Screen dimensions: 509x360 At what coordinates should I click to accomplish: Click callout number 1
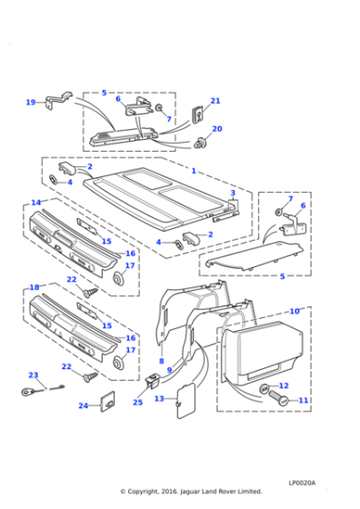tap(193, 171)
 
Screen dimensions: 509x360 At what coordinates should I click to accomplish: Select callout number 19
tap(30, 102)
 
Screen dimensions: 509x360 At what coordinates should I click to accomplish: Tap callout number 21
tap(215, 101)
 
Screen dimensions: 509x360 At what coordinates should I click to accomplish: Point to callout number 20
tap(216, 129)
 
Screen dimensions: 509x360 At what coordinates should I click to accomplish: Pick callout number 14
tap(35, 203)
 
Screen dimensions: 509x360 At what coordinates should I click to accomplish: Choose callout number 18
tap(35, 287)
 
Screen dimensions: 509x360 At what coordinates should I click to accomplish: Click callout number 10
tap(295, 312)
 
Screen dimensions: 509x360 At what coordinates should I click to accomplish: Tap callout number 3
tap(233, 193)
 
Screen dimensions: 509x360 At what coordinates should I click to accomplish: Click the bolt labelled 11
tap(280, 399)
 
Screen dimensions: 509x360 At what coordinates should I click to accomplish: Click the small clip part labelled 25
tap(147, 383)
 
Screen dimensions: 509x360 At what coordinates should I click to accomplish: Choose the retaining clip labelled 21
tap(197, 115)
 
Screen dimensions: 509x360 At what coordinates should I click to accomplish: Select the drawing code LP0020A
tap(303, 482)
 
